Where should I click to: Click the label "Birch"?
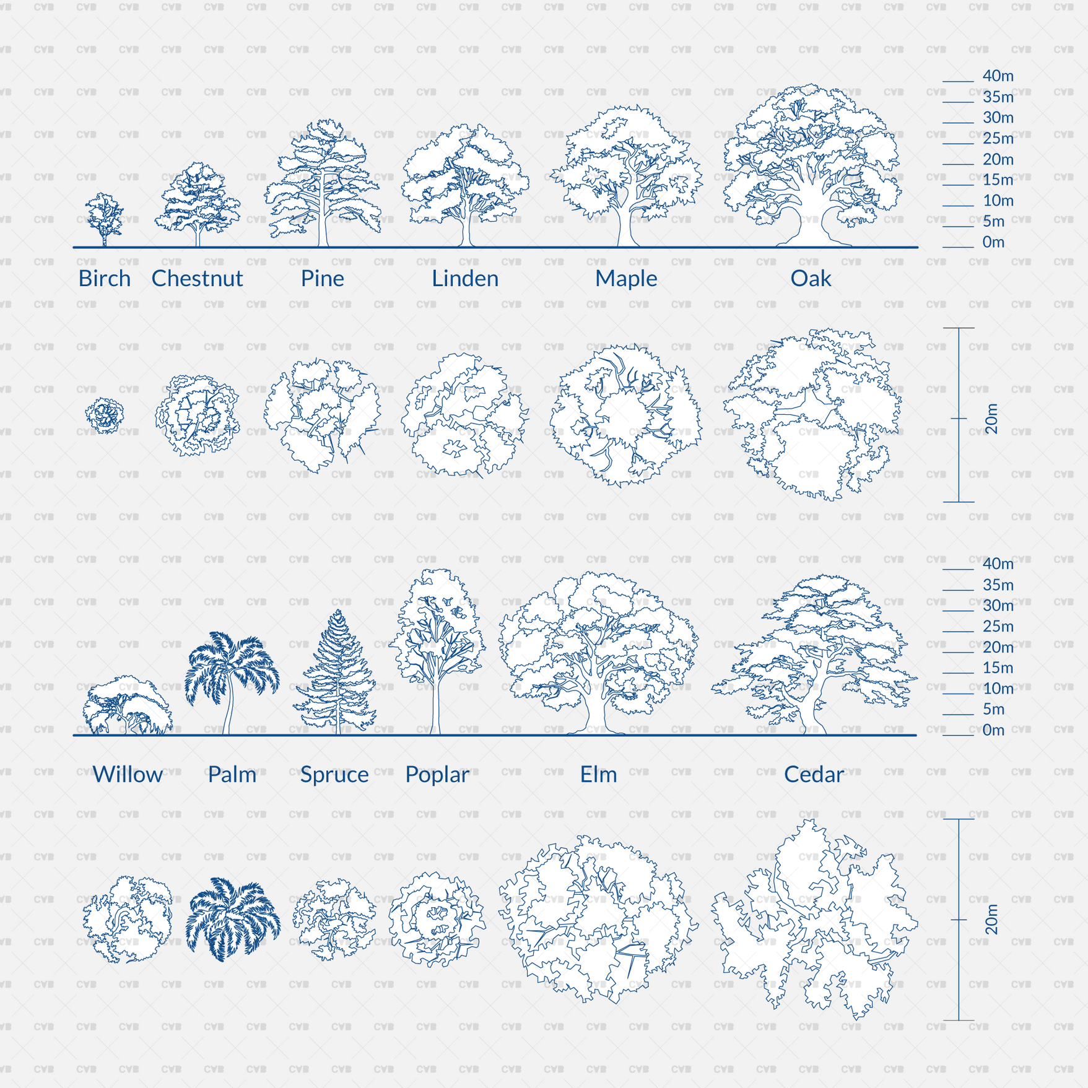click(x=104, y=279)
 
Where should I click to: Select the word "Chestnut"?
click(x=197, y=279)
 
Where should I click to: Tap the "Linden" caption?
click(x=465, y=279)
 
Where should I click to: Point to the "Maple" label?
click(x=626, y=279)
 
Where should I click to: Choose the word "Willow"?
click(x=128, y=774)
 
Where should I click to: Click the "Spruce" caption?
click(x=334, y=774)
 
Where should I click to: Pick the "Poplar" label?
click(x=437, y=774)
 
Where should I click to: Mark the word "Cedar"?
click(x=814, y=774)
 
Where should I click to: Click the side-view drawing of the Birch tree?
click(x=104, y=218)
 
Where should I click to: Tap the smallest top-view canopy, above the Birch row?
click(x=105, y=415)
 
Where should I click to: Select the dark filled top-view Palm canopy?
click(x=233, y=919)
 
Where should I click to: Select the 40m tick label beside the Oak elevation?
click(x=998, y=76)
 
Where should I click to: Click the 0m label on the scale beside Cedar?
click(x=993, y=730)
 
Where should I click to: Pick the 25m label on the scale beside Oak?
click(x=998, y=139)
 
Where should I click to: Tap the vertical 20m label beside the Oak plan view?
click(x=992, y=419)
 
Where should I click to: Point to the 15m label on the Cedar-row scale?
click(x=998, y=668)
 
